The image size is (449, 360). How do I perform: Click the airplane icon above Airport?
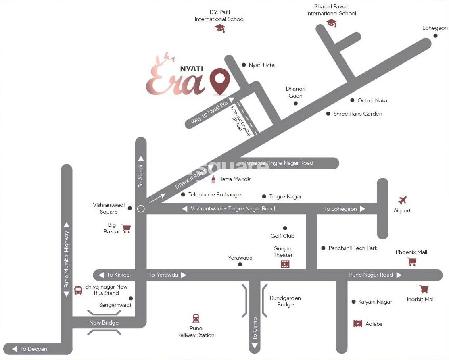[x=402, y=200]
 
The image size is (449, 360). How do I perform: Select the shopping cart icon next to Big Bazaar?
[x=126, y=229]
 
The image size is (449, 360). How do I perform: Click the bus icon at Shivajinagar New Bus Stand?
[x=78, y=290]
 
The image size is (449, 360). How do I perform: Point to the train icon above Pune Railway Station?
[x=196, y=318]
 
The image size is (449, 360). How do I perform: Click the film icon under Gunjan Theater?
[x=285, y=264]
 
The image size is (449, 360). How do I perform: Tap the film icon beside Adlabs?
[x=358, y=324]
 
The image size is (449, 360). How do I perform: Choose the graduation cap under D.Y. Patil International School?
[x=219, y=28]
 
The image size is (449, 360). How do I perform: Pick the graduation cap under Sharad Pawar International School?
[x=332, y=23]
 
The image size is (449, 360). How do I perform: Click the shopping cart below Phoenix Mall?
[x=412, y=262]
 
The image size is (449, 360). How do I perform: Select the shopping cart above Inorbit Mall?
[x=424, y=289]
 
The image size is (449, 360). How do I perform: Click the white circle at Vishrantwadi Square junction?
[x=141, y=209]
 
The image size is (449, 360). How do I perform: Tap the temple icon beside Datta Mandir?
[x=213, y=179]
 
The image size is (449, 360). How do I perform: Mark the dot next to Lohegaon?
[x=436, y=36]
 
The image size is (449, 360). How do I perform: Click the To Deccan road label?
[x=34, y=349]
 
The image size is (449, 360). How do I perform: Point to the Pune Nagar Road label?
[x=371, y=275]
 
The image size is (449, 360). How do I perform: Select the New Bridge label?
[x=104, y=323]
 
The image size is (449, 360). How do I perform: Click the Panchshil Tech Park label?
[x=353, y=248]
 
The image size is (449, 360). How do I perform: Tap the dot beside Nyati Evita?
[x=244, y=65]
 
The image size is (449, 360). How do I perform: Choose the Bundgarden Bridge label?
[x=285, y=301]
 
